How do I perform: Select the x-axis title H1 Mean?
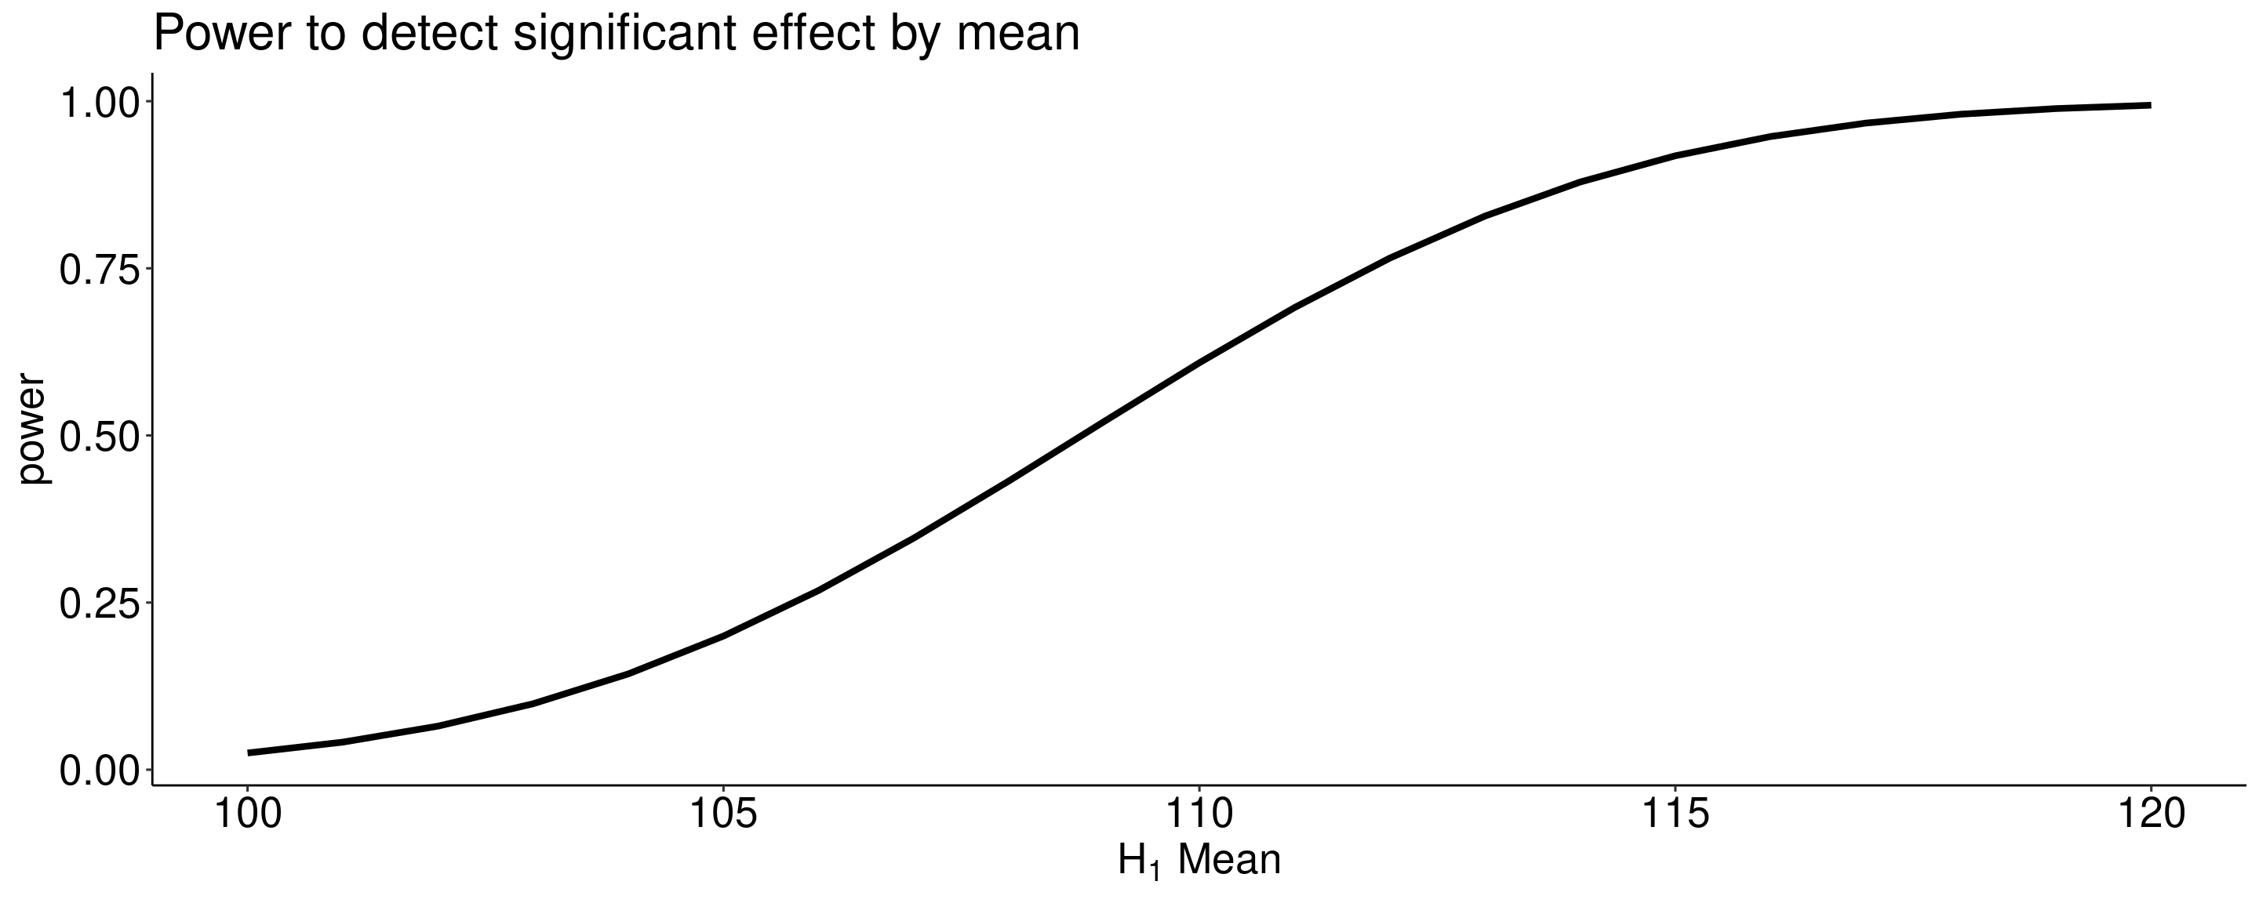coord(1199,860)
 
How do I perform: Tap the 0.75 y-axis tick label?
coord(99,269)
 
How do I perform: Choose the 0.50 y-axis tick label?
coord(99,436)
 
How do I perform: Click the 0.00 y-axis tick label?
coord(99,771)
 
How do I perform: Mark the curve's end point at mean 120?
coord(2149,105)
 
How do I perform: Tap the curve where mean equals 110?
coord(1199,361)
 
